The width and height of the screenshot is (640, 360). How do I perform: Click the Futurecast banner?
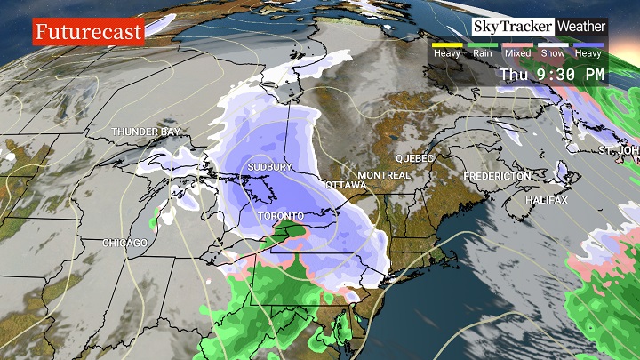click(x=88, y=33)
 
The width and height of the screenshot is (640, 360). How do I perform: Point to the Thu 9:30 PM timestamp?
click(x=551, y=75)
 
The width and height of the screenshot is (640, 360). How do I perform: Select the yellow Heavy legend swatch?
click(x=446, y=44)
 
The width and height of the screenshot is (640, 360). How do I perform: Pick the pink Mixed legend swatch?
click(x=517, y=44)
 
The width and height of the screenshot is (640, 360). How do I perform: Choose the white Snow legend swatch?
click(x=553, y=44)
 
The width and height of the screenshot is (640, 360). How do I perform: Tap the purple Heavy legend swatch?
click(x=588, y=44)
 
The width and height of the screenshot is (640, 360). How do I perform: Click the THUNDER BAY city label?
click(x=146, y=132)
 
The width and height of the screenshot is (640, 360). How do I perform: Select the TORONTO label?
click(x=281, y=216)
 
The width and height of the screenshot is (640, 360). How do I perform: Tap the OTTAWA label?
click(x=346, y=185)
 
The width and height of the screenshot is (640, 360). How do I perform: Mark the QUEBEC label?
click(x=414, y=158)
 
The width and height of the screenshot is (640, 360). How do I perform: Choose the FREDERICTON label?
click(x=497, y=177)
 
